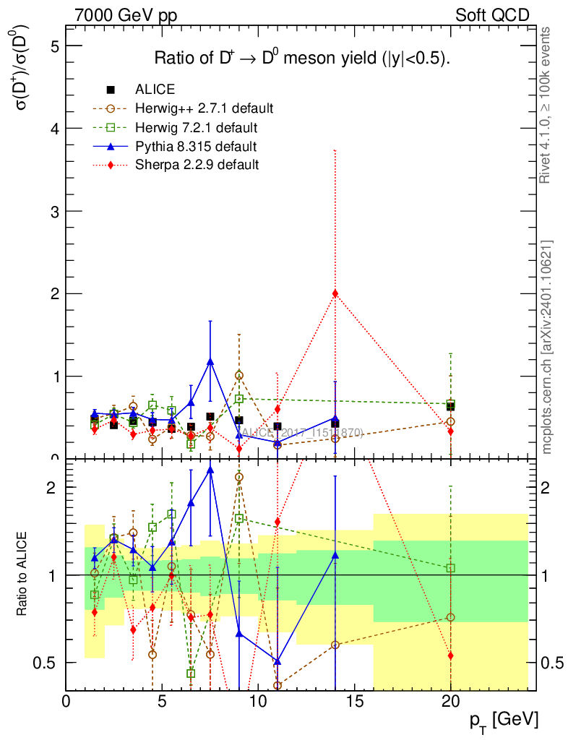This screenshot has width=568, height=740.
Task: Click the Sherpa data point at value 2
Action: click(x=335, y=293)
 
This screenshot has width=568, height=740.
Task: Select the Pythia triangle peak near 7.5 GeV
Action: click(x=210, y=361)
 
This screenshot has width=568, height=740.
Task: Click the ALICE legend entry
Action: click(x=155, y=90)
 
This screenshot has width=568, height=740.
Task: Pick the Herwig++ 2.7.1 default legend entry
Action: click(x=204, y=109)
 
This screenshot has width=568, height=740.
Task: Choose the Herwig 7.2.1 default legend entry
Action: click(x=196, y=128)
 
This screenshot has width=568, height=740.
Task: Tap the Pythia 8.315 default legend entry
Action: click(x=196, y=147)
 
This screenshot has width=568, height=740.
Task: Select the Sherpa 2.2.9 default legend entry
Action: click(x=197, y=165)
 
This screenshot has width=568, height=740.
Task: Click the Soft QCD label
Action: click(x=492, y=15)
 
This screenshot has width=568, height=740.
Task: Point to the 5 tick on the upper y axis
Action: click(x=53, y=46)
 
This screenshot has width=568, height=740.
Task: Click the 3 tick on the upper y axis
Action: click(x=53, y=211)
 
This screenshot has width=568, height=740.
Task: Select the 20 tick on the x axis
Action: click(x=450, y=702)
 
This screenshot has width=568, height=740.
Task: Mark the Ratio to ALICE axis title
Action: click(x=24, y=575)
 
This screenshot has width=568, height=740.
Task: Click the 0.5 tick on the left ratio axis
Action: click(x=48, y=663)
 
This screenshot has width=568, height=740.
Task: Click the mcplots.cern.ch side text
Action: click(x=546, y=347)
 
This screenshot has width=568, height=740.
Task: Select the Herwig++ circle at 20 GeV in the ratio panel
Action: click(x=450, y=617)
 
